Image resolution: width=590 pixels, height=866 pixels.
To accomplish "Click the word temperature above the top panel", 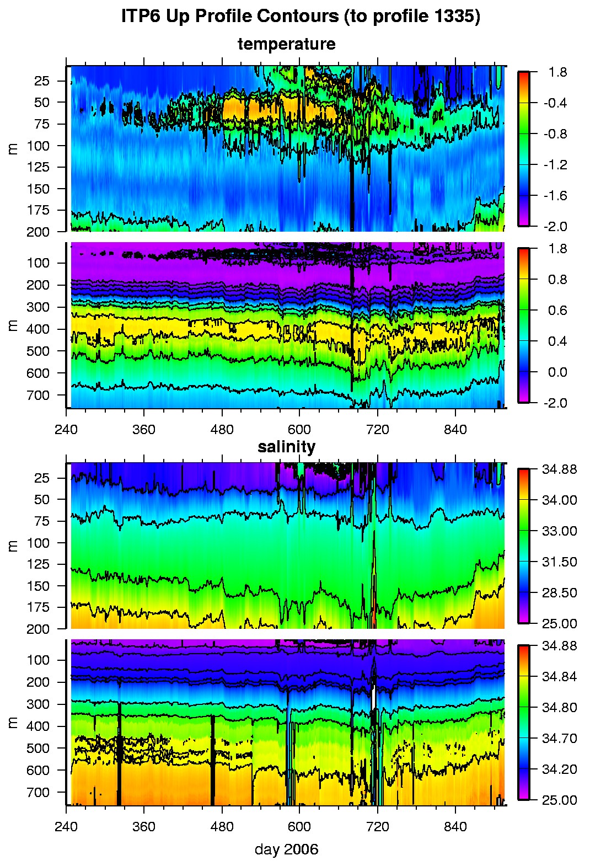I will click(286, 44).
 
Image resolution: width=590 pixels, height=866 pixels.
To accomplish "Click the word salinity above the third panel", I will click(286, 447).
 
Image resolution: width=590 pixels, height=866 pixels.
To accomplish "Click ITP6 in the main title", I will click(140, 17).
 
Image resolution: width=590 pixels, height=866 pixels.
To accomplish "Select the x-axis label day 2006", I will click(286, 849).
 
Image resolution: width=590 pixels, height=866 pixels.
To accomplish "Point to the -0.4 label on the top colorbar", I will click(555, 103).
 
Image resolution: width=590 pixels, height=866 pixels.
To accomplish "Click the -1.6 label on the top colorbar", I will click(555, 196).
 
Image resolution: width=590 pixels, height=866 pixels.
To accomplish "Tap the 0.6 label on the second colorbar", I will click(557, 311).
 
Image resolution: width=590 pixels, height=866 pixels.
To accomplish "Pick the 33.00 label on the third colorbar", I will click(559, 531).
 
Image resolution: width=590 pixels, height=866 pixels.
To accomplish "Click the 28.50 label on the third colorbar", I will click(559, 593).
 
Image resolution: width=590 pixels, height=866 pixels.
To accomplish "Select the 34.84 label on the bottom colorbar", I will click(559, 677).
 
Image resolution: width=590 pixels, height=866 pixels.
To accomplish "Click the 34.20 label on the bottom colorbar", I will click(559, 769).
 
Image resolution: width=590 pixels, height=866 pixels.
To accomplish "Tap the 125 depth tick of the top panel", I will click(38, 167).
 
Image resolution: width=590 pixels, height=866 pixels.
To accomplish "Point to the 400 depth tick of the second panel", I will click(38, 329).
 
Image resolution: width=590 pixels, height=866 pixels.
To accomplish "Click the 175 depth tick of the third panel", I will click(38, 607).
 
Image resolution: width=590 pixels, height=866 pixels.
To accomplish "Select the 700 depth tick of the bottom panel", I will click(38, 793).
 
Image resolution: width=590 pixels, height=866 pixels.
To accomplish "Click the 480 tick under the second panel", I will click(222, 430).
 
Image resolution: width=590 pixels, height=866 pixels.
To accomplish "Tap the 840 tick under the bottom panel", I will click(455, 827).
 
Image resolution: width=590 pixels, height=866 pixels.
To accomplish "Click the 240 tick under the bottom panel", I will click(66, 827).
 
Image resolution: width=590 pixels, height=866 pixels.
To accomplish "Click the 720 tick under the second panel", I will click(378, 430).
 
